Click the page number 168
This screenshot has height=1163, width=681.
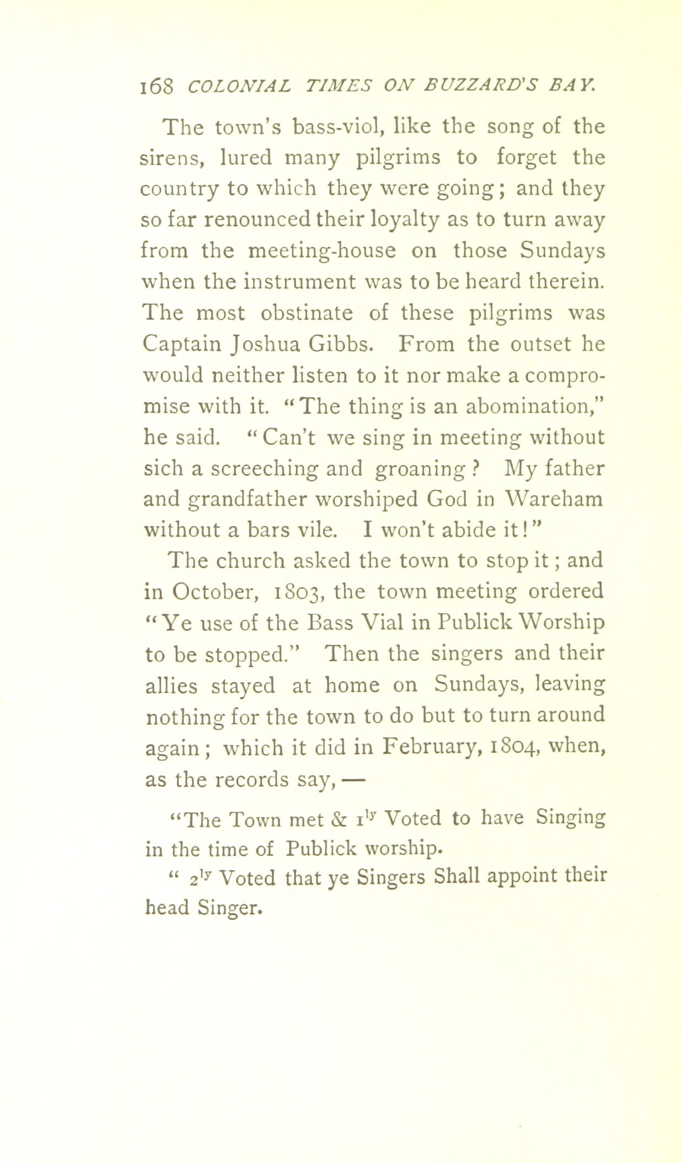pyautogui.click(x=157, y=86)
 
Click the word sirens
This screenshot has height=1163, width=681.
pyautogui.click(x=174, y=158)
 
